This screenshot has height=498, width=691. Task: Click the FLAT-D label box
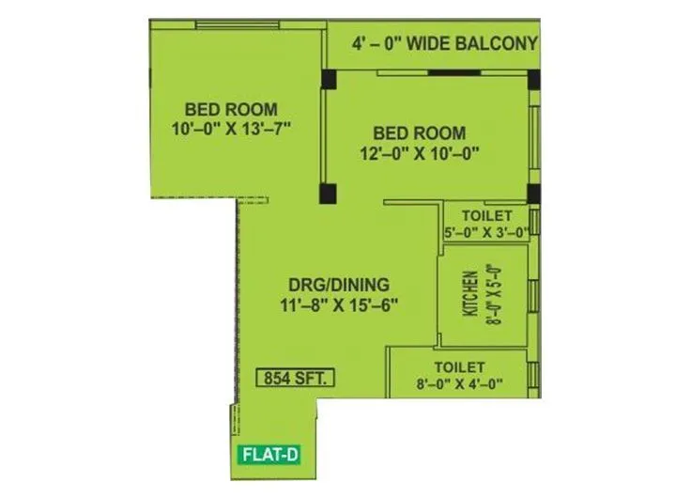point(270,455)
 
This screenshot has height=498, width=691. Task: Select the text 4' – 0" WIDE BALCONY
point(445,43)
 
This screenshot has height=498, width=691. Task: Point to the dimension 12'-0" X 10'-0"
point(419,153)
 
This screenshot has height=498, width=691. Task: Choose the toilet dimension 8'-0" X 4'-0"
point(459,382)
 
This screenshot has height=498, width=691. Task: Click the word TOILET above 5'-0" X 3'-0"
point(486,215)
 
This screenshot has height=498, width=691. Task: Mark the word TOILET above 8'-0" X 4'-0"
point(459,366)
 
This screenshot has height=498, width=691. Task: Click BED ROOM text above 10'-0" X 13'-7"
point(231,108)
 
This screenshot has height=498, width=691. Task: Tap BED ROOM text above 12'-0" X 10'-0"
point(419,133)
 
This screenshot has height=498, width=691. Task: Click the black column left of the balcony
point(329,78)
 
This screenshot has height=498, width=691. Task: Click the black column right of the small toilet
point(533,195)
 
